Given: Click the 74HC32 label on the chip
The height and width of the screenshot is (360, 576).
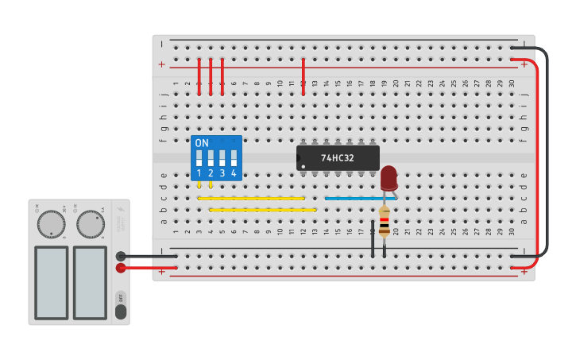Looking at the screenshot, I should coord(338,158).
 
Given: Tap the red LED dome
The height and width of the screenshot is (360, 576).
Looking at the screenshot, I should coord(389,176).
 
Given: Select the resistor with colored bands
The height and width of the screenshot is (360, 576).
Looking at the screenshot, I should coord(385,222).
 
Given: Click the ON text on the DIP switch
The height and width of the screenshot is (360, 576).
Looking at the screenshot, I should coord(202,143).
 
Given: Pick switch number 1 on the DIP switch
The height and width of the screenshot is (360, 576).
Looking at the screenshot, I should coord(199,157).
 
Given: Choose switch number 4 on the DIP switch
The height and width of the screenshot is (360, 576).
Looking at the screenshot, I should coord(234,157).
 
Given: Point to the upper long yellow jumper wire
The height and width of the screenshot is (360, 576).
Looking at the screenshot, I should coord(251,198).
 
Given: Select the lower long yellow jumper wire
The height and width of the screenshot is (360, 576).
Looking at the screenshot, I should coord(262,210).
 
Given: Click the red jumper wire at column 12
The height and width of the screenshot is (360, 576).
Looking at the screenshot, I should coord(303,76).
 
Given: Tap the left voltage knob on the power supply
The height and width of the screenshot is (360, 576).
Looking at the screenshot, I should coord(51,224).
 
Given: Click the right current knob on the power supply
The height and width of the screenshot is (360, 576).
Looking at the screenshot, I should coord(91,224).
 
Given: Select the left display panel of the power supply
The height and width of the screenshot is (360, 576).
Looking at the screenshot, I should coord(51,282).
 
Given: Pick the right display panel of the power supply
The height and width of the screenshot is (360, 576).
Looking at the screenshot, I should coord(90,282).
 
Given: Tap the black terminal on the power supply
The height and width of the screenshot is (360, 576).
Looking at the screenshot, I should coord(121,256).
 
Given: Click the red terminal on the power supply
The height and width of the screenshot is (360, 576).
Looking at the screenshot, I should coord(121,268).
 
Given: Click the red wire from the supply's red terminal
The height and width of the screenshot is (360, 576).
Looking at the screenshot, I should coord(151,268).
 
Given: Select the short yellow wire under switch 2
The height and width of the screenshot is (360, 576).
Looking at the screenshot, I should coord(211,185).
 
